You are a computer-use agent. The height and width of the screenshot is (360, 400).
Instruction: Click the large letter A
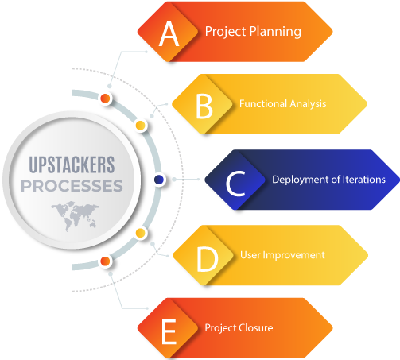[x=169, y=33]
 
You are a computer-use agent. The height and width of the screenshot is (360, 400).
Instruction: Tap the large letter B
[x=204, y=106]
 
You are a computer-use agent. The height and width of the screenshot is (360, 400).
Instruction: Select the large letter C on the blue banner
[x=235, y=184]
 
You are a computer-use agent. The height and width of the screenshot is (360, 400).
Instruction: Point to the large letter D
[x=208, y=259]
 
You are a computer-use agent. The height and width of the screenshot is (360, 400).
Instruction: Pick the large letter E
[x=169, y=331]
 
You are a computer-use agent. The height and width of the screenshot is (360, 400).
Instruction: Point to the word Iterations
[x=364, y=180]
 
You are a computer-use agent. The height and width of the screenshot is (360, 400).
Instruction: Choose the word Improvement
[x=293, y=255]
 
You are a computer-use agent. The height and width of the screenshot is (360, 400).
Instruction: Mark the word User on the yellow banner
[x=250, y=255]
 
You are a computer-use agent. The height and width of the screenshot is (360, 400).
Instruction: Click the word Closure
[x=255, y=328]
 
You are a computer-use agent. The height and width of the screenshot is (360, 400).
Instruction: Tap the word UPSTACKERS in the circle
[x=72, y=165]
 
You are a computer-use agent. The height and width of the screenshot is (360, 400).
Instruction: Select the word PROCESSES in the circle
[x=72, y=186]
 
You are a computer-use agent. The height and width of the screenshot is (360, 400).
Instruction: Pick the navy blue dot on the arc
[x=159, y=180]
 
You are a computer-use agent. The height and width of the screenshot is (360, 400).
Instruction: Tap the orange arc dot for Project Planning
[x=105, y=99]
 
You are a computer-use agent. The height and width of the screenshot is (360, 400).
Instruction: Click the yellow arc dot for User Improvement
[x=140, y=234]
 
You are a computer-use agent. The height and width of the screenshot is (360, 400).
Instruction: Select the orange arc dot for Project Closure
[x=105, y=261]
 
